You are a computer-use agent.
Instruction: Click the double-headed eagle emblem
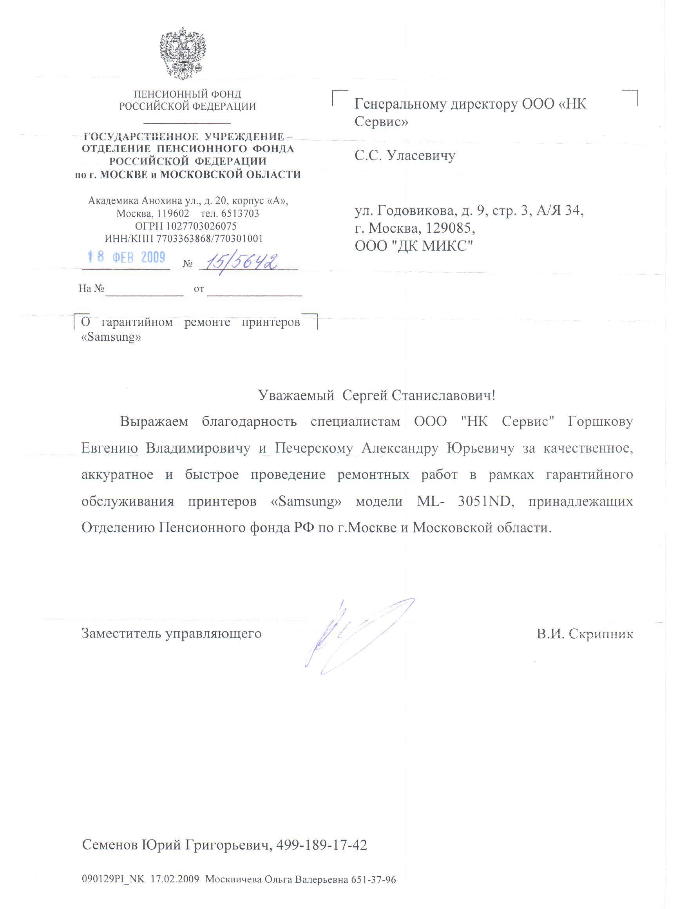(183, 53)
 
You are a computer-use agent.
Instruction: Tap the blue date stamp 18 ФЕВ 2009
(126, 257)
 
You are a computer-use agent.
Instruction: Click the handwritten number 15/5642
(241, 261)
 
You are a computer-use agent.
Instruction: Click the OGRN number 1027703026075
(201, 226)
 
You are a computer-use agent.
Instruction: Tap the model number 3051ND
(486, 501)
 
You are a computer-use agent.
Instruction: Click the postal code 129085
(449, 228)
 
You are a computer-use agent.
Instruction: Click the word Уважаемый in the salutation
(296, 395)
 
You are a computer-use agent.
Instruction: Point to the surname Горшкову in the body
(600, 422)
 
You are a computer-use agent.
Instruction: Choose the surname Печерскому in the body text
(313, 448)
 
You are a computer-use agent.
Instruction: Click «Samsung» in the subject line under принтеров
(111, 337)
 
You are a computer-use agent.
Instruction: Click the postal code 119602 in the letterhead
(173, 214)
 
